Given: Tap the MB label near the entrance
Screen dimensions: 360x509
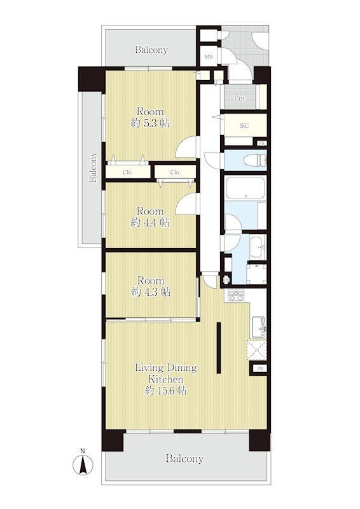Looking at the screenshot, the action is point(209,57).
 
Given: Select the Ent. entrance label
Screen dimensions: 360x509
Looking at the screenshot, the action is point(240,99).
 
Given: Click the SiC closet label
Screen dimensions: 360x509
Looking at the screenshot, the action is point(244,125).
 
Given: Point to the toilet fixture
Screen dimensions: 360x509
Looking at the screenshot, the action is point(257,160).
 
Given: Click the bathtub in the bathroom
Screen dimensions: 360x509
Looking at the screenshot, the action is point(246,188).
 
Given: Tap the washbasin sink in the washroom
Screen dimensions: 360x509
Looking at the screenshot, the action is point(258,247).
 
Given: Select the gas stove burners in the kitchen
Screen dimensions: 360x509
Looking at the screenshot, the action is point(236,296).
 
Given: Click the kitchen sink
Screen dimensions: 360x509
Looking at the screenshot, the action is point(259,326).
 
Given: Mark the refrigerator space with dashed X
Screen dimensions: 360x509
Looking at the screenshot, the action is point(257,351).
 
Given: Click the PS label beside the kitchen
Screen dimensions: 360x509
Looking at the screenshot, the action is point(260,369).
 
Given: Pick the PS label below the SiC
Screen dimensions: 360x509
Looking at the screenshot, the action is point(261,143).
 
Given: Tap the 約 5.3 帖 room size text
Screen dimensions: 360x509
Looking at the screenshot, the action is point(150,123).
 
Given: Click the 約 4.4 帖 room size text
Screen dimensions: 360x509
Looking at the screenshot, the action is point(150,223).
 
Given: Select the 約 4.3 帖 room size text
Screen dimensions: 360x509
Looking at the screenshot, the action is point(151,292).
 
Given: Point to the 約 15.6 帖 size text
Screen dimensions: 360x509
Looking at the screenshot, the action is point(165,391).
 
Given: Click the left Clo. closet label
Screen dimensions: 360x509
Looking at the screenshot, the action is point(128,172).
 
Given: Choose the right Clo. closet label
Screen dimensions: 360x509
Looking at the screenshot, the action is point(175,172).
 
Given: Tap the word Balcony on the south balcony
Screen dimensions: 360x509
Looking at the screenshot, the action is point(184,459).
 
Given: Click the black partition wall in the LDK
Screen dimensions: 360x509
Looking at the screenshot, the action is point(219,347).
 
